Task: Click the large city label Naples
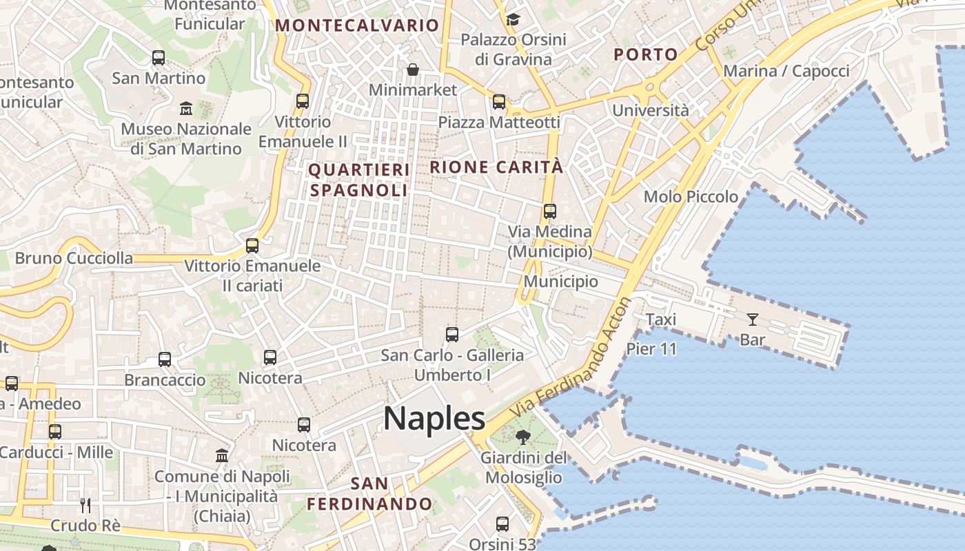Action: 434,419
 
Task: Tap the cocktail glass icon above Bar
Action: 752,319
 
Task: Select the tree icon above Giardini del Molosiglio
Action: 523,437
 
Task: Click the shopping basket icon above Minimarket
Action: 413,70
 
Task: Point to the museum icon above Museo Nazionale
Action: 186,108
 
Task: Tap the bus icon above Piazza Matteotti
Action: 499,102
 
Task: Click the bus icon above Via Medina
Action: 549,211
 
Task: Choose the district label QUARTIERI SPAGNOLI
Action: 358,180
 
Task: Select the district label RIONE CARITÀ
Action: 496,167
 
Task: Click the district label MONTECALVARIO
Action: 357,26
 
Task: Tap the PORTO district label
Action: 645,55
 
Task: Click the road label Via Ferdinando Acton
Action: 571,357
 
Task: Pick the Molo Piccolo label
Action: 691,197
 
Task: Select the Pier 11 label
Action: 651,349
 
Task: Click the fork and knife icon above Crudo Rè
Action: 85,505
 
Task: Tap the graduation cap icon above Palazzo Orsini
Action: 513,19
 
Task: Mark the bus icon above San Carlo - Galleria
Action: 452,335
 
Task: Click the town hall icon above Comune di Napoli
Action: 222,456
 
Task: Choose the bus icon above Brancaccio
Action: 165,360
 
